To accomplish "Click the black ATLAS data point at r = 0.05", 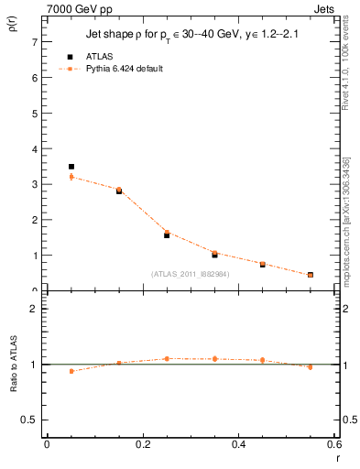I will pos(71,167).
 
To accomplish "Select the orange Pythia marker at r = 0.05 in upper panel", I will pos(71,176).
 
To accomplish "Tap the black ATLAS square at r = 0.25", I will pos(167,235).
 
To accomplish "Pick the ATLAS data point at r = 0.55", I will pos(311,275).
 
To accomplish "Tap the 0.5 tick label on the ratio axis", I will pos(29,420).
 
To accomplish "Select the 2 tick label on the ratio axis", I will pos(34,309).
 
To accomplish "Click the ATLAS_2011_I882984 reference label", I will pos(191,274).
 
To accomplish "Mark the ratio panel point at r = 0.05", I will pos(71,371).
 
